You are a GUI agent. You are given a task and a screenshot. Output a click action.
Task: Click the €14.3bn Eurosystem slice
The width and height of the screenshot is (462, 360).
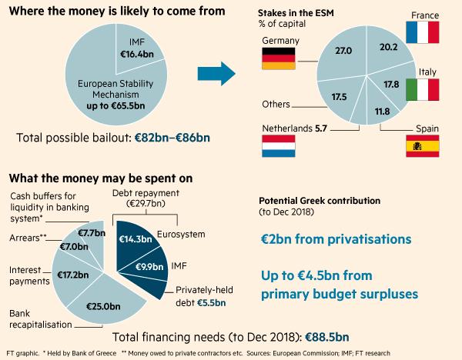tap(135, 239)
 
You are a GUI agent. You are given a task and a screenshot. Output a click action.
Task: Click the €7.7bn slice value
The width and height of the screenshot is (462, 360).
tap(89, 232)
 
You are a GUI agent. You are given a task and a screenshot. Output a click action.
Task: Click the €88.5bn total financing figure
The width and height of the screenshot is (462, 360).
tap(328, 337)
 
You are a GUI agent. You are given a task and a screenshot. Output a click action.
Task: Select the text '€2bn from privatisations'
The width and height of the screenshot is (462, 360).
tap(335, 239)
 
